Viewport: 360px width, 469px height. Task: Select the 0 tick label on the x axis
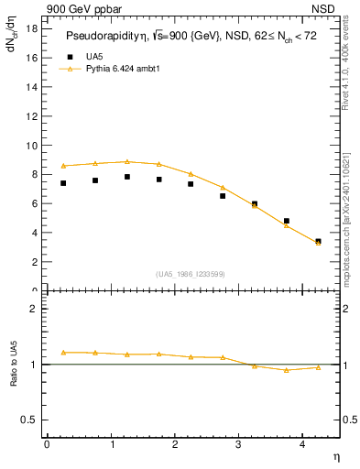47,443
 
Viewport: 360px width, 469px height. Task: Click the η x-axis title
335,455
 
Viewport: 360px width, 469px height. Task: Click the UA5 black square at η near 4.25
318,242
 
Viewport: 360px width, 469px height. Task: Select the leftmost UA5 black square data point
63,183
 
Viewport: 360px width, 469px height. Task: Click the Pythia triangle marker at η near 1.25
127,161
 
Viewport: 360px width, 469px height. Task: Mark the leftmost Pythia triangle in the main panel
63,166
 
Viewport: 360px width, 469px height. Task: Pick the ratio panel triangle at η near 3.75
286,370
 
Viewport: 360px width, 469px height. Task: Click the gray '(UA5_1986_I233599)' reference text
191,275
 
